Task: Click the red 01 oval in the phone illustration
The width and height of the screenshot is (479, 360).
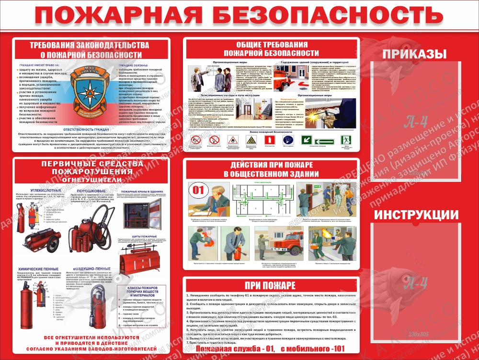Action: (x=198, y=189)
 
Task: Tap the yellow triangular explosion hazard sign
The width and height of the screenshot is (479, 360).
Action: (x=250, y=140)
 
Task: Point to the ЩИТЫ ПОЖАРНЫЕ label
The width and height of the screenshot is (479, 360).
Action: (x=140, y=236)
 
